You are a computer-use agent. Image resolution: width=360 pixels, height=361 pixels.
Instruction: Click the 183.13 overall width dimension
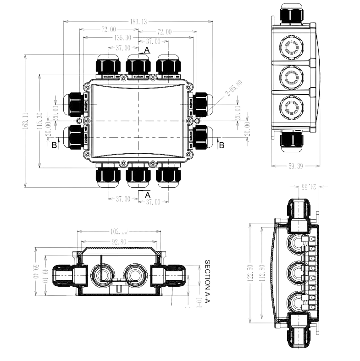[x=138, y=22]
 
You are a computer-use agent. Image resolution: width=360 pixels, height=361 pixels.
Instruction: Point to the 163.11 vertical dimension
[x=26, y=122]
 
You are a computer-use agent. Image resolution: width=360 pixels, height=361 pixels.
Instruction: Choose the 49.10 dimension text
[x=45, y=275]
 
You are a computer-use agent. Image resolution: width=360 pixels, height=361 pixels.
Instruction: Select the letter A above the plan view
[x=147, y=49]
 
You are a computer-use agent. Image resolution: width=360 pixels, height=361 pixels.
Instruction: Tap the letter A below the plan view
[x=148, y=195]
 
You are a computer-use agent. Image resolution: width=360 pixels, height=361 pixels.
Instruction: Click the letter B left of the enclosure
[x=54, y=145]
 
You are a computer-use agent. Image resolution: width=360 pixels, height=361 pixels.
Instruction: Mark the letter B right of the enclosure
[x=222, y=145]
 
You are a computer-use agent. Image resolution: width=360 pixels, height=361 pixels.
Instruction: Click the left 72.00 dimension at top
[x=109, y=30]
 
